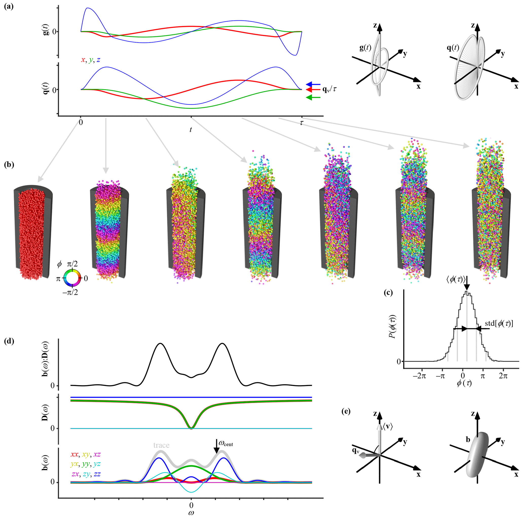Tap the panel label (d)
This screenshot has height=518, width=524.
coord(9,341)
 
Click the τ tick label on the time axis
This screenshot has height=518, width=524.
coord(302,123)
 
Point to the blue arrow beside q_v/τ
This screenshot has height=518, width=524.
coord(313,84)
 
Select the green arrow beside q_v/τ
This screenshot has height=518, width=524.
coord(313,98)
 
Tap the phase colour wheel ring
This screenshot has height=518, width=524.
coord(72,278)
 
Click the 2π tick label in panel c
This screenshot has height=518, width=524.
coord(503,376)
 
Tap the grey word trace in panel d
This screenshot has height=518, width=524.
coord(161,445)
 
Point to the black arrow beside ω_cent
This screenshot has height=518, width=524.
coord(216,446)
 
